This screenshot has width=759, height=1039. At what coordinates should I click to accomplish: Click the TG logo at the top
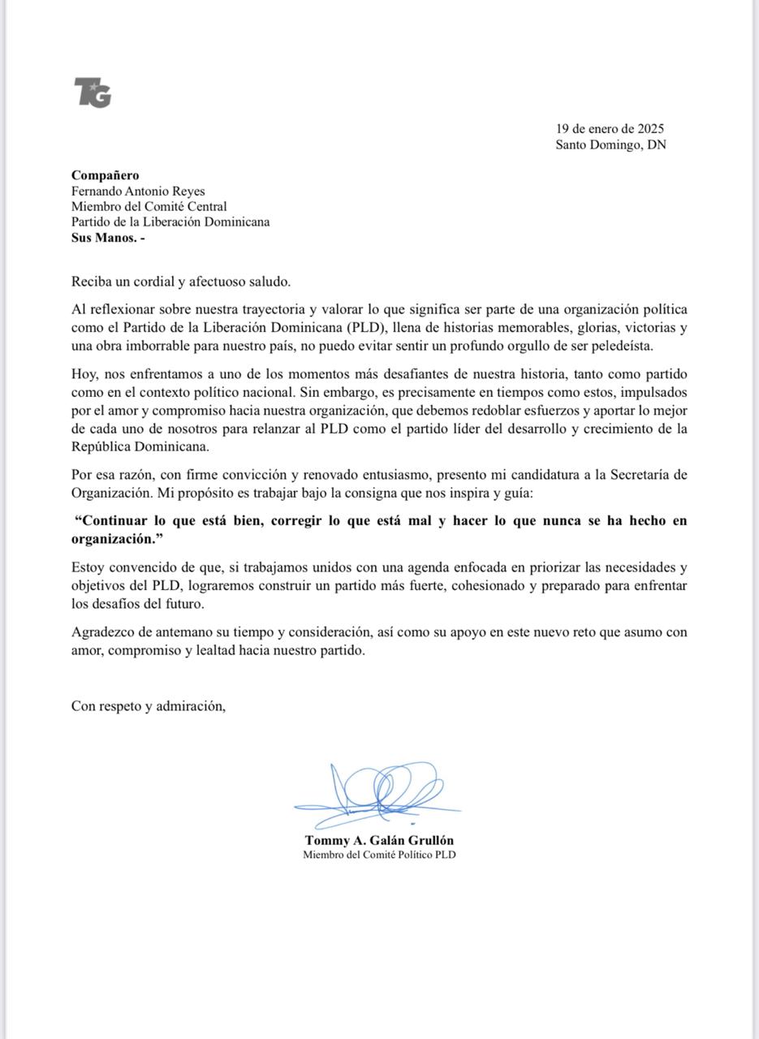pos(93,92)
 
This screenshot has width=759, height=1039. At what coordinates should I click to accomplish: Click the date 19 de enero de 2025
pos(610,129)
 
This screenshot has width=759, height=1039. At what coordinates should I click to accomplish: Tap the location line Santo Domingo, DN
pos(610,145)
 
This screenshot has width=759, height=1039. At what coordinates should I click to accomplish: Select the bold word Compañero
pos(105,175)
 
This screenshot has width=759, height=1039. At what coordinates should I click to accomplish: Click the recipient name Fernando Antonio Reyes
pos(138,192)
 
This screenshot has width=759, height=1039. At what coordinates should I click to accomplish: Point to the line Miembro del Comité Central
pos(149,207)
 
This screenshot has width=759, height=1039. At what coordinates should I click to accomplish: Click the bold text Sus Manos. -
pos(108,239)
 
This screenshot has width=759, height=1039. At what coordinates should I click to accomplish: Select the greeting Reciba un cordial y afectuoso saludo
pos(180,282)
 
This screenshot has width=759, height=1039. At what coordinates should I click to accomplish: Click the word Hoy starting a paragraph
pos(84,375)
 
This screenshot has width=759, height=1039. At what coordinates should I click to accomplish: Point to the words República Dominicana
pos(140,446)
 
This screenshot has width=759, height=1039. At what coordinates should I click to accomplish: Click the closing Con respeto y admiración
pos(148,706)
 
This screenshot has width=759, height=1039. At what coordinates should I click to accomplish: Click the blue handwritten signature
pos(378,791)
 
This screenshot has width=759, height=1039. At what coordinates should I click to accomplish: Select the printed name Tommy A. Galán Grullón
pos(379,840)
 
